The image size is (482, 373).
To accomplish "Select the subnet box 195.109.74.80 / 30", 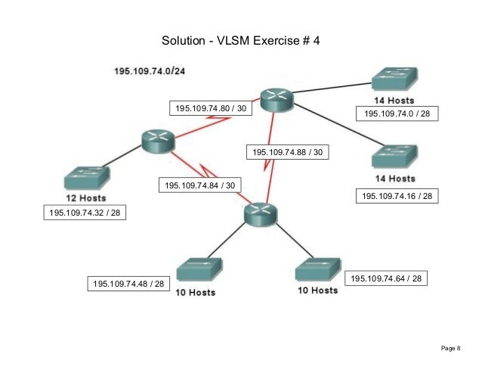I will tap(211, 109).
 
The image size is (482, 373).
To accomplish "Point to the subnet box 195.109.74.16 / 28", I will tap(397, 196).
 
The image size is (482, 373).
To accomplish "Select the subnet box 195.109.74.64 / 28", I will tap(386, 279).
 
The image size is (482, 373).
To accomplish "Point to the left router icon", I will tap(157, 139).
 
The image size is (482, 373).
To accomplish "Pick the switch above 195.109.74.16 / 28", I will tap(393, 157).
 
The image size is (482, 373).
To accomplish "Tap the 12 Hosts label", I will tap(85, 198).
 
